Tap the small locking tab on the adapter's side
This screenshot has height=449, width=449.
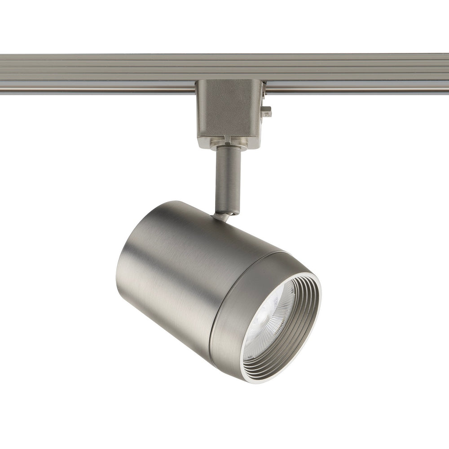[x=267, y=111]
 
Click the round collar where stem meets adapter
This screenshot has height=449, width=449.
[x=228, y=145]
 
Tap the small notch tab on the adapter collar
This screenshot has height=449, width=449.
[x=228, y=140]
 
